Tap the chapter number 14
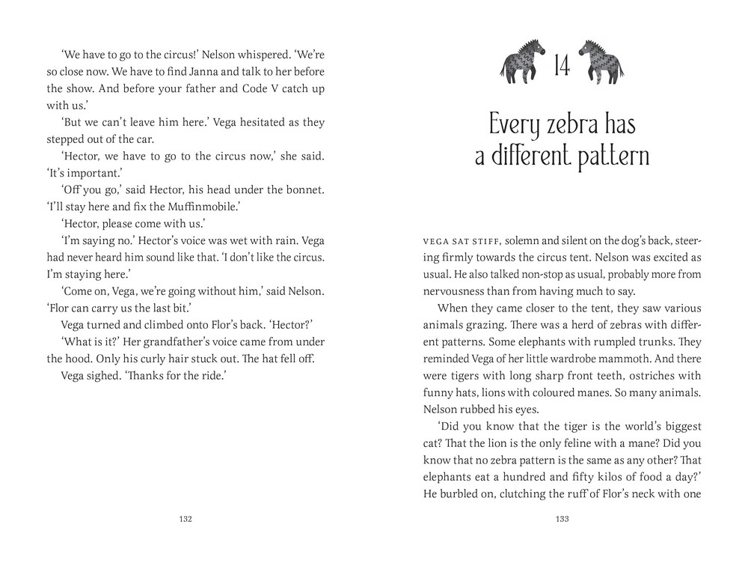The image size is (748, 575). coord(562,67)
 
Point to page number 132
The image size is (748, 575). coord(187,520)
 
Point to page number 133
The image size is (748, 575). coord(562,520)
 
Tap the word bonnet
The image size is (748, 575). coord(305,190)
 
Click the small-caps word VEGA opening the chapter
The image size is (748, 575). coord(437,241)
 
